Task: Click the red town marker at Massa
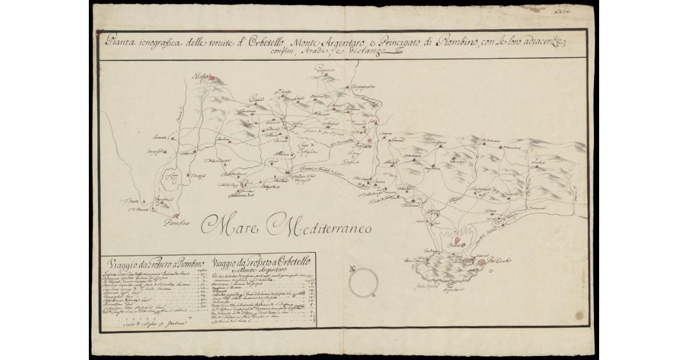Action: pyautogui.click(x=212, y=79)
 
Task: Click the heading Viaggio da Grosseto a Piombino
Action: pyautogui.click(x=155, y=264)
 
